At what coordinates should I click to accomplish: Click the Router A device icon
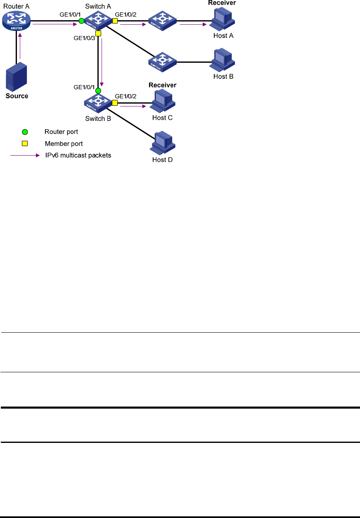16,21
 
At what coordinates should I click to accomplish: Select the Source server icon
16,76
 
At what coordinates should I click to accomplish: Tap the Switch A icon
98,20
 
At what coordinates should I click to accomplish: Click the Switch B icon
98,103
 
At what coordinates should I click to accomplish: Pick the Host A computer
222,19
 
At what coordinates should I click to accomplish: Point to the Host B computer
222,60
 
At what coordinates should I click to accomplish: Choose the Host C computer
162,101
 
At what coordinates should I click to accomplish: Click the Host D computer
162,143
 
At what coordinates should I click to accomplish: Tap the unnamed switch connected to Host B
162,62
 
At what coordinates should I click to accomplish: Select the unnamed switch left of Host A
162,21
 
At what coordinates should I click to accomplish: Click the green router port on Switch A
81,21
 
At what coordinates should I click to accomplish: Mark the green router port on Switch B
98,91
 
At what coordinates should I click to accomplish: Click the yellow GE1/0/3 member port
98,33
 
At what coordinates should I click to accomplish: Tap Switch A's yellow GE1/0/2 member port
115,21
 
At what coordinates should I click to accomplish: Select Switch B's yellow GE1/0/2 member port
115,103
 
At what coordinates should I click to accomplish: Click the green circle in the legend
25,132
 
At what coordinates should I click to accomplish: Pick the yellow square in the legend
25,144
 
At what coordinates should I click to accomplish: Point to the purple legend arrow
25,155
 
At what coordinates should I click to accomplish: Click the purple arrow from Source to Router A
20,46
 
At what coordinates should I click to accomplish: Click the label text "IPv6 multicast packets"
78,155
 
